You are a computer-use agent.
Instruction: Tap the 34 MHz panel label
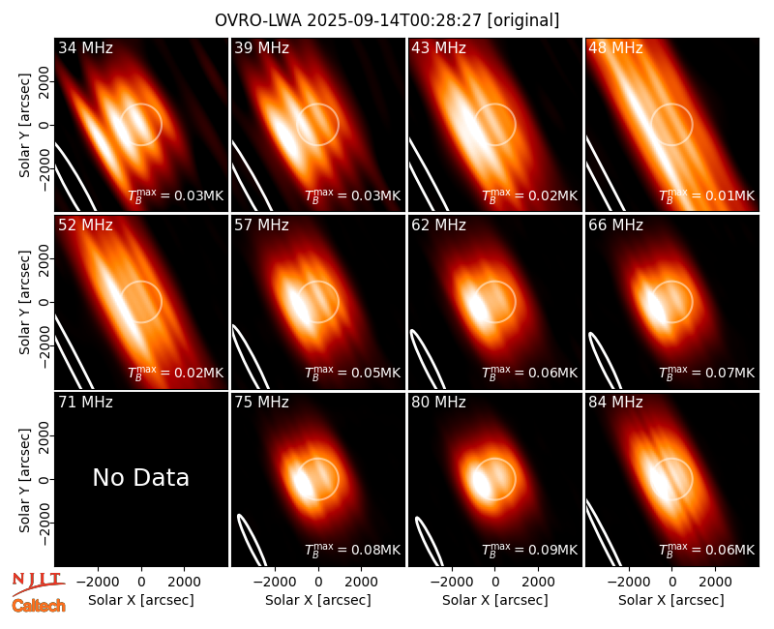click(x=85, y=47)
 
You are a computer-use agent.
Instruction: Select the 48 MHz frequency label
click(x=615, y=47)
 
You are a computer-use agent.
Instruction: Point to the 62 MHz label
click(x=438, y=225)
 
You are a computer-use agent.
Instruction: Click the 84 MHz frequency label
click(x=615, y=403)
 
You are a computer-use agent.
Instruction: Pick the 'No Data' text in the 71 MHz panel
click(x=140, y=478)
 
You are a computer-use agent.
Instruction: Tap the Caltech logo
click(x=39, y=606)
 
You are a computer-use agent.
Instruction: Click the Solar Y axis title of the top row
click(x=24, y=126)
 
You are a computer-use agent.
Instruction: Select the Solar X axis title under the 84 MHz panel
click(x=671, y=600)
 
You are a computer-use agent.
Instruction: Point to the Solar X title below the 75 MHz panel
click(x=318, y=600)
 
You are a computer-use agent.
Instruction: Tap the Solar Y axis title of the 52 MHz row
click(x=24, y=302)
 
